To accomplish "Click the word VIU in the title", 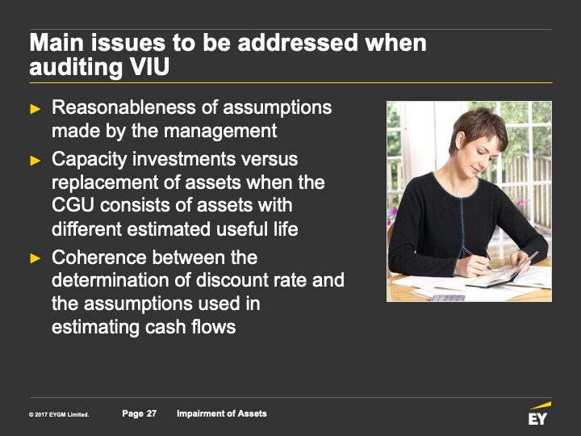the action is click(x=151, y=67).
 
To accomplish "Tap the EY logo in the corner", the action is click(x=539, y=413).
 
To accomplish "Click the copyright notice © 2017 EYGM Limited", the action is click(x=59, y=414).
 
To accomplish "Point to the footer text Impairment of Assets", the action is click(x=222, y=413).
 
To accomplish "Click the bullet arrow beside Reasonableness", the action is click(x=36, y=109).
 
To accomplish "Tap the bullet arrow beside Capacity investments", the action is click(x=36, y=161).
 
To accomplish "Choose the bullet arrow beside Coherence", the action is click(x=36, y=258).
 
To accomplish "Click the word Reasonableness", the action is click(x=124, y=107).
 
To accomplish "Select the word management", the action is click(x=220, y=132).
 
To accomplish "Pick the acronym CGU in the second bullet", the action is click(x=73, y=205).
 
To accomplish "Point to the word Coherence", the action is click(x=99, y=258).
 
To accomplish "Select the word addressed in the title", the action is click(x=299, y=43).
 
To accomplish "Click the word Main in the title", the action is click(x=56, y=43).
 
